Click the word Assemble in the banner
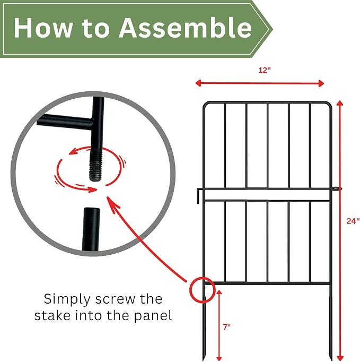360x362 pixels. pyautogui.click(x=185, y=28)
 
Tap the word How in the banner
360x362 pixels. pyautogui.click(x=43, y=28)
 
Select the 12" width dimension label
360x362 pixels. pyautogui.click(x=264, y=70)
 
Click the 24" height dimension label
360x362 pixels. pyautogui.click(x=353, y=221)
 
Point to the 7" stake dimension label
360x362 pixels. pyautogui.click(x=227, y=326)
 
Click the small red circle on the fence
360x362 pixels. pyautogui.click(x=202, y=290)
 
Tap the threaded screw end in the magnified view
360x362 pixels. pyautogui.click(x=96, y=165)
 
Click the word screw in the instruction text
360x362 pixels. pyautogui.click(x=115, y=299)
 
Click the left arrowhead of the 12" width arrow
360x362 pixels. pyautogui.click(x=198, y=83)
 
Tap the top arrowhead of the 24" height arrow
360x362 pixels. pyautogui.click(x=340, y=102)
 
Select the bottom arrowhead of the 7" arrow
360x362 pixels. pyautogui.click(x=219, y=358)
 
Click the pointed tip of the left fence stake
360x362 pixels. pyautogui.click(x=204, y=360)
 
